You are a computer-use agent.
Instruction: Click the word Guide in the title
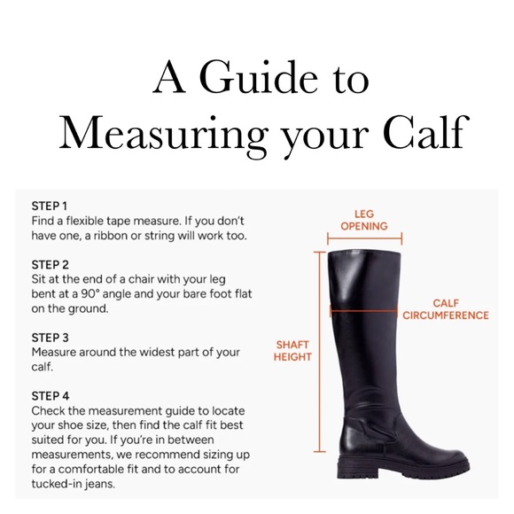258,76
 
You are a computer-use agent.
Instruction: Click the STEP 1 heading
50,206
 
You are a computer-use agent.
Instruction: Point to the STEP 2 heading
51,265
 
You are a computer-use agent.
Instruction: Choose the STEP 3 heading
51,338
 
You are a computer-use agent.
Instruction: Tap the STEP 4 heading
51,396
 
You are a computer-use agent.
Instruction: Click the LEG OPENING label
364,220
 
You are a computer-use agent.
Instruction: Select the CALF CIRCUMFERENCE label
446,309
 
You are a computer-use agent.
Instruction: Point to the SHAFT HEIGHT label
292,351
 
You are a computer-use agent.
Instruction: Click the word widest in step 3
157,352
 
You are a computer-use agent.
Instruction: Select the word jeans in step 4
99,484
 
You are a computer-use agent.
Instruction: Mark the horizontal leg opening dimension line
364,238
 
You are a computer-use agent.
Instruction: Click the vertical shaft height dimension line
320,352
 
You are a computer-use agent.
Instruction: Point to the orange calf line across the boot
363,310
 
